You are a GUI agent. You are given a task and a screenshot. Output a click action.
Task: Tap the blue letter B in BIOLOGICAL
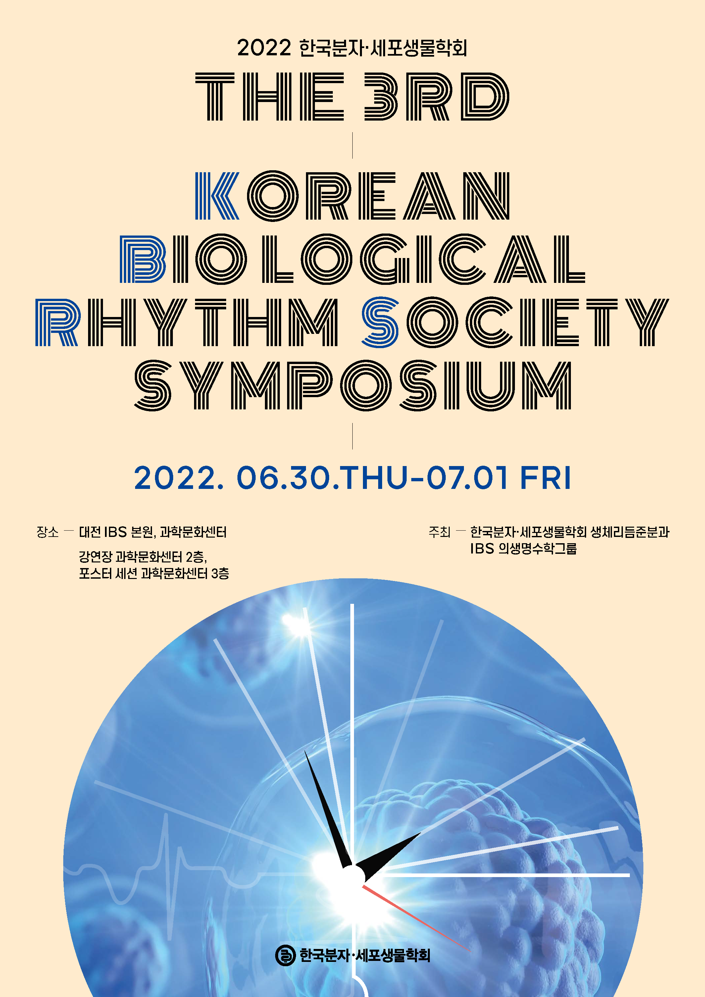tap(143, 259)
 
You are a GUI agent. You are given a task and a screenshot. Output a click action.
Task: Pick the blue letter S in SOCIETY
tap(380, 322)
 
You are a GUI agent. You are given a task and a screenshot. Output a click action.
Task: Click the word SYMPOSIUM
tap(352, 385)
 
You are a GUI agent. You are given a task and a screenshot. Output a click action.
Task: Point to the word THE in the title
tap(270, 96)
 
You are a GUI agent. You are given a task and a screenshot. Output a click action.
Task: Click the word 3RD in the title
tap(436, 96)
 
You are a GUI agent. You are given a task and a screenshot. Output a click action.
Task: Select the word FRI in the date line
tap(545, 478)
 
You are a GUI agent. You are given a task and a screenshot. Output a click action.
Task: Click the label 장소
tap(47, 532)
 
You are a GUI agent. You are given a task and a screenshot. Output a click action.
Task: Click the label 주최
tap(439, 532)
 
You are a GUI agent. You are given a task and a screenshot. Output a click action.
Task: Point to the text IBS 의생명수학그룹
tap(524, 549)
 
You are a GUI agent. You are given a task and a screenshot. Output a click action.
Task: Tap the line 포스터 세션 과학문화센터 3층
tap(154, 574)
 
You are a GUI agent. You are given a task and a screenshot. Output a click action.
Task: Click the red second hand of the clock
tap(416, 918)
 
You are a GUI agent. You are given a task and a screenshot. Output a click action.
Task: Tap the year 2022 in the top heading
tap(264, 48)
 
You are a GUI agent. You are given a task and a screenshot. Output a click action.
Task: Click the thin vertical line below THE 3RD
tap(352, 145)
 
